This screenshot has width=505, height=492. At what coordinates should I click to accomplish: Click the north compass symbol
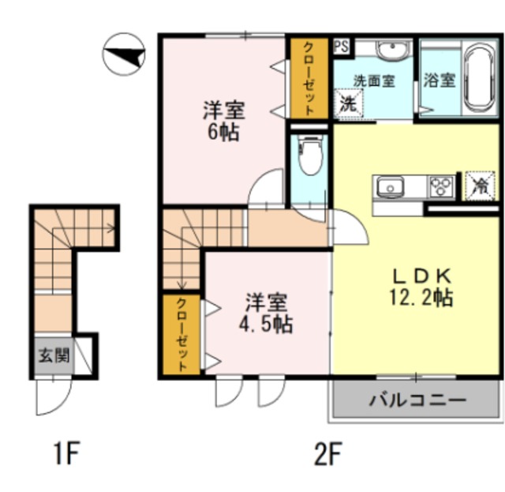[124, 54]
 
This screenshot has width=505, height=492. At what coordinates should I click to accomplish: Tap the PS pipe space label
[342, 47]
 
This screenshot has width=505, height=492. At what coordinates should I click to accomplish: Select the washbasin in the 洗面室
[393, 50]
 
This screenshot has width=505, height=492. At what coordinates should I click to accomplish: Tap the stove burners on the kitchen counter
[440, 187]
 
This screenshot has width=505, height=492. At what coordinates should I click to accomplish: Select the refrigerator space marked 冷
[479, 186]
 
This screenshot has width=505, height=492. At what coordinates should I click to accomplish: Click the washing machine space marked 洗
[349, 103]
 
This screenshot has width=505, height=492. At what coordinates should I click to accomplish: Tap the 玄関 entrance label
[54, 356]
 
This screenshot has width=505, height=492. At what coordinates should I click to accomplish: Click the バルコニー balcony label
[417, 400]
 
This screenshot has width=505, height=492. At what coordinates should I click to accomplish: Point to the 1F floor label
[66, 453]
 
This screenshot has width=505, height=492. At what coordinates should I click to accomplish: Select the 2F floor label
[327, 453]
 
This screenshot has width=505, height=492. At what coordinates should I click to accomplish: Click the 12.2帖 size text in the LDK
[421, 297]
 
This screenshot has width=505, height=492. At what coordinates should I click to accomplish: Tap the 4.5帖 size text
[265, 324]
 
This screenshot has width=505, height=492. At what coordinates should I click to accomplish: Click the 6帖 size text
[223, 132]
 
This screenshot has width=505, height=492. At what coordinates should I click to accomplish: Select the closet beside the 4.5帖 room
[181, 335]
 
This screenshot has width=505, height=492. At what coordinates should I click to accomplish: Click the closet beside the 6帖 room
[309, 78]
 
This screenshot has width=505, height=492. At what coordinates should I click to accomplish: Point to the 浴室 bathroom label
[439, 80]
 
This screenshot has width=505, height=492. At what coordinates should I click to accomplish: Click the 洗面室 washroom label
[374, 81]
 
